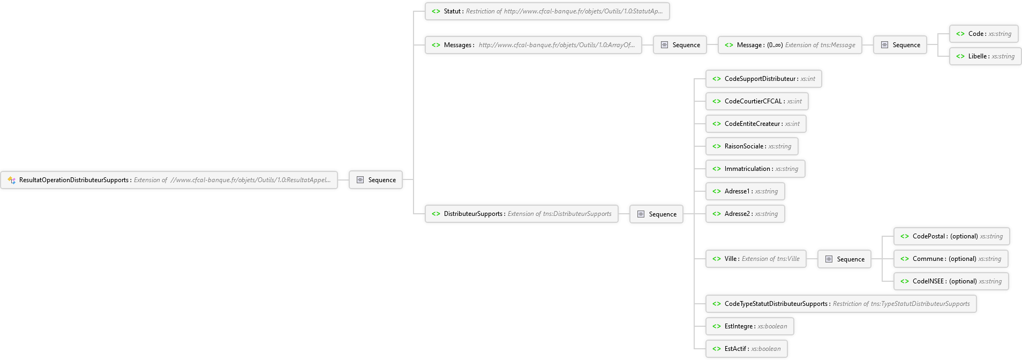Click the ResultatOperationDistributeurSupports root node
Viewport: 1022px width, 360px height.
[x=169, y=180]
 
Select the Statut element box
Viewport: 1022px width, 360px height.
[x=547, y=11]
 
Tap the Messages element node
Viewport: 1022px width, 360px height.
[x=533, y=45]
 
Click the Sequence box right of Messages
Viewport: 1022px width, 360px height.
[x=680, y=45]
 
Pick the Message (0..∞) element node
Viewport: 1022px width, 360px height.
[x=790, y=45]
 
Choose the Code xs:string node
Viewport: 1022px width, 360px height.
[x=983, y=34]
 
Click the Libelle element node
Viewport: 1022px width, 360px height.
[x=985, y=56]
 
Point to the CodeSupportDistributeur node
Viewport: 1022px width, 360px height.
[x=763, y=79]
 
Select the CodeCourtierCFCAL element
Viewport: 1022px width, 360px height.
[x=757, y=101]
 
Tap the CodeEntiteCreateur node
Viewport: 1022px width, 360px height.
[x=756, y=124]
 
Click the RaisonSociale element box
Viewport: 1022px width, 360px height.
[x=752, y=146]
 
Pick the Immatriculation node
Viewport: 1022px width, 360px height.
[x=755, y=169]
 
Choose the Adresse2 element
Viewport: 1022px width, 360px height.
[x=745, y=214]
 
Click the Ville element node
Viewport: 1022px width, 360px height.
[x=756, y=259]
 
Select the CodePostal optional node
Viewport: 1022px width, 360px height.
[x=952, y=236]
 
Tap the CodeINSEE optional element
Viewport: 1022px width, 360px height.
[x=951, y=281]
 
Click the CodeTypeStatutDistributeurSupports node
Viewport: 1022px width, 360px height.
[x=841, y=304]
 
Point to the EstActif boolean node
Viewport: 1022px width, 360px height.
[x=747, y=349]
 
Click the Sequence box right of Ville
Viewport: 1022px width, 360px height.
[x=844, y=259]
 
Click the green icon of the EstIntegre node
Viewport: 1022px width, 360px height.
[x=717, y=326]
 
